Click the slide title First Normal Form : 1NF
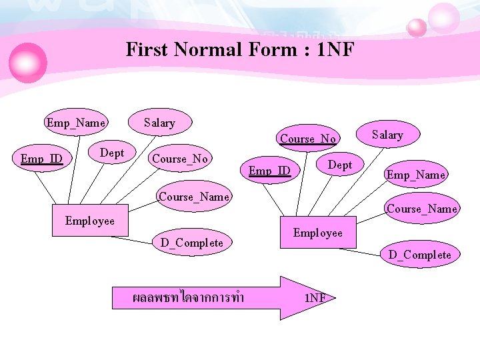[x=240, y=49]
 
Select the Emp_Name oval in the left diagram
[x=75, y=123]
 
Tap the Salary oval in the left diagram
[x=159, y=123]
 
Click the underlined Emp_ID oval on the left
[x=41, y=159]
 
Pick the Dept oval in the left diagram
[x=111, y=153]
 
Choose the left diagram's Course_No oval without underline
[x=179, y=159]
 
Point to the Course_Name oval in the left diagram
[x=194, y=196]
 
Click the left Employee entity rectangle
[x=89, y=221]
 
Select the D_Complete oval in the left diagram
[x=192, y=243]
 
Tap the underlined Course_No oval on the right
[x=307, y=139]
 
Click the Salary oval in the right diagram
[x=387, y=135]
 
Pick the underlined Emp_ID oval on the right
[x=269, y=171]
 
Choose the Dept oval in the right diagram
[x=340, y=165]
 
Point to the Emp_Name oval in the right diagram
[x=415, y=175]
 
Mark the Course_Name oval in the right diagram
[x=422, y=209]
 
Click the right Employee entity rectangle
[x=317, y=233]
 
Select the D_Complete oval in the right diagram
[x=420, y=255]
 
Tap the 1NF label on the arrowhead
[x=315, y=298]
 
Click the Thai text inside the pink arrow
[x=188, y=297]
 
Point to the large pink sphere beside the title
[x=27, y=62]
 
